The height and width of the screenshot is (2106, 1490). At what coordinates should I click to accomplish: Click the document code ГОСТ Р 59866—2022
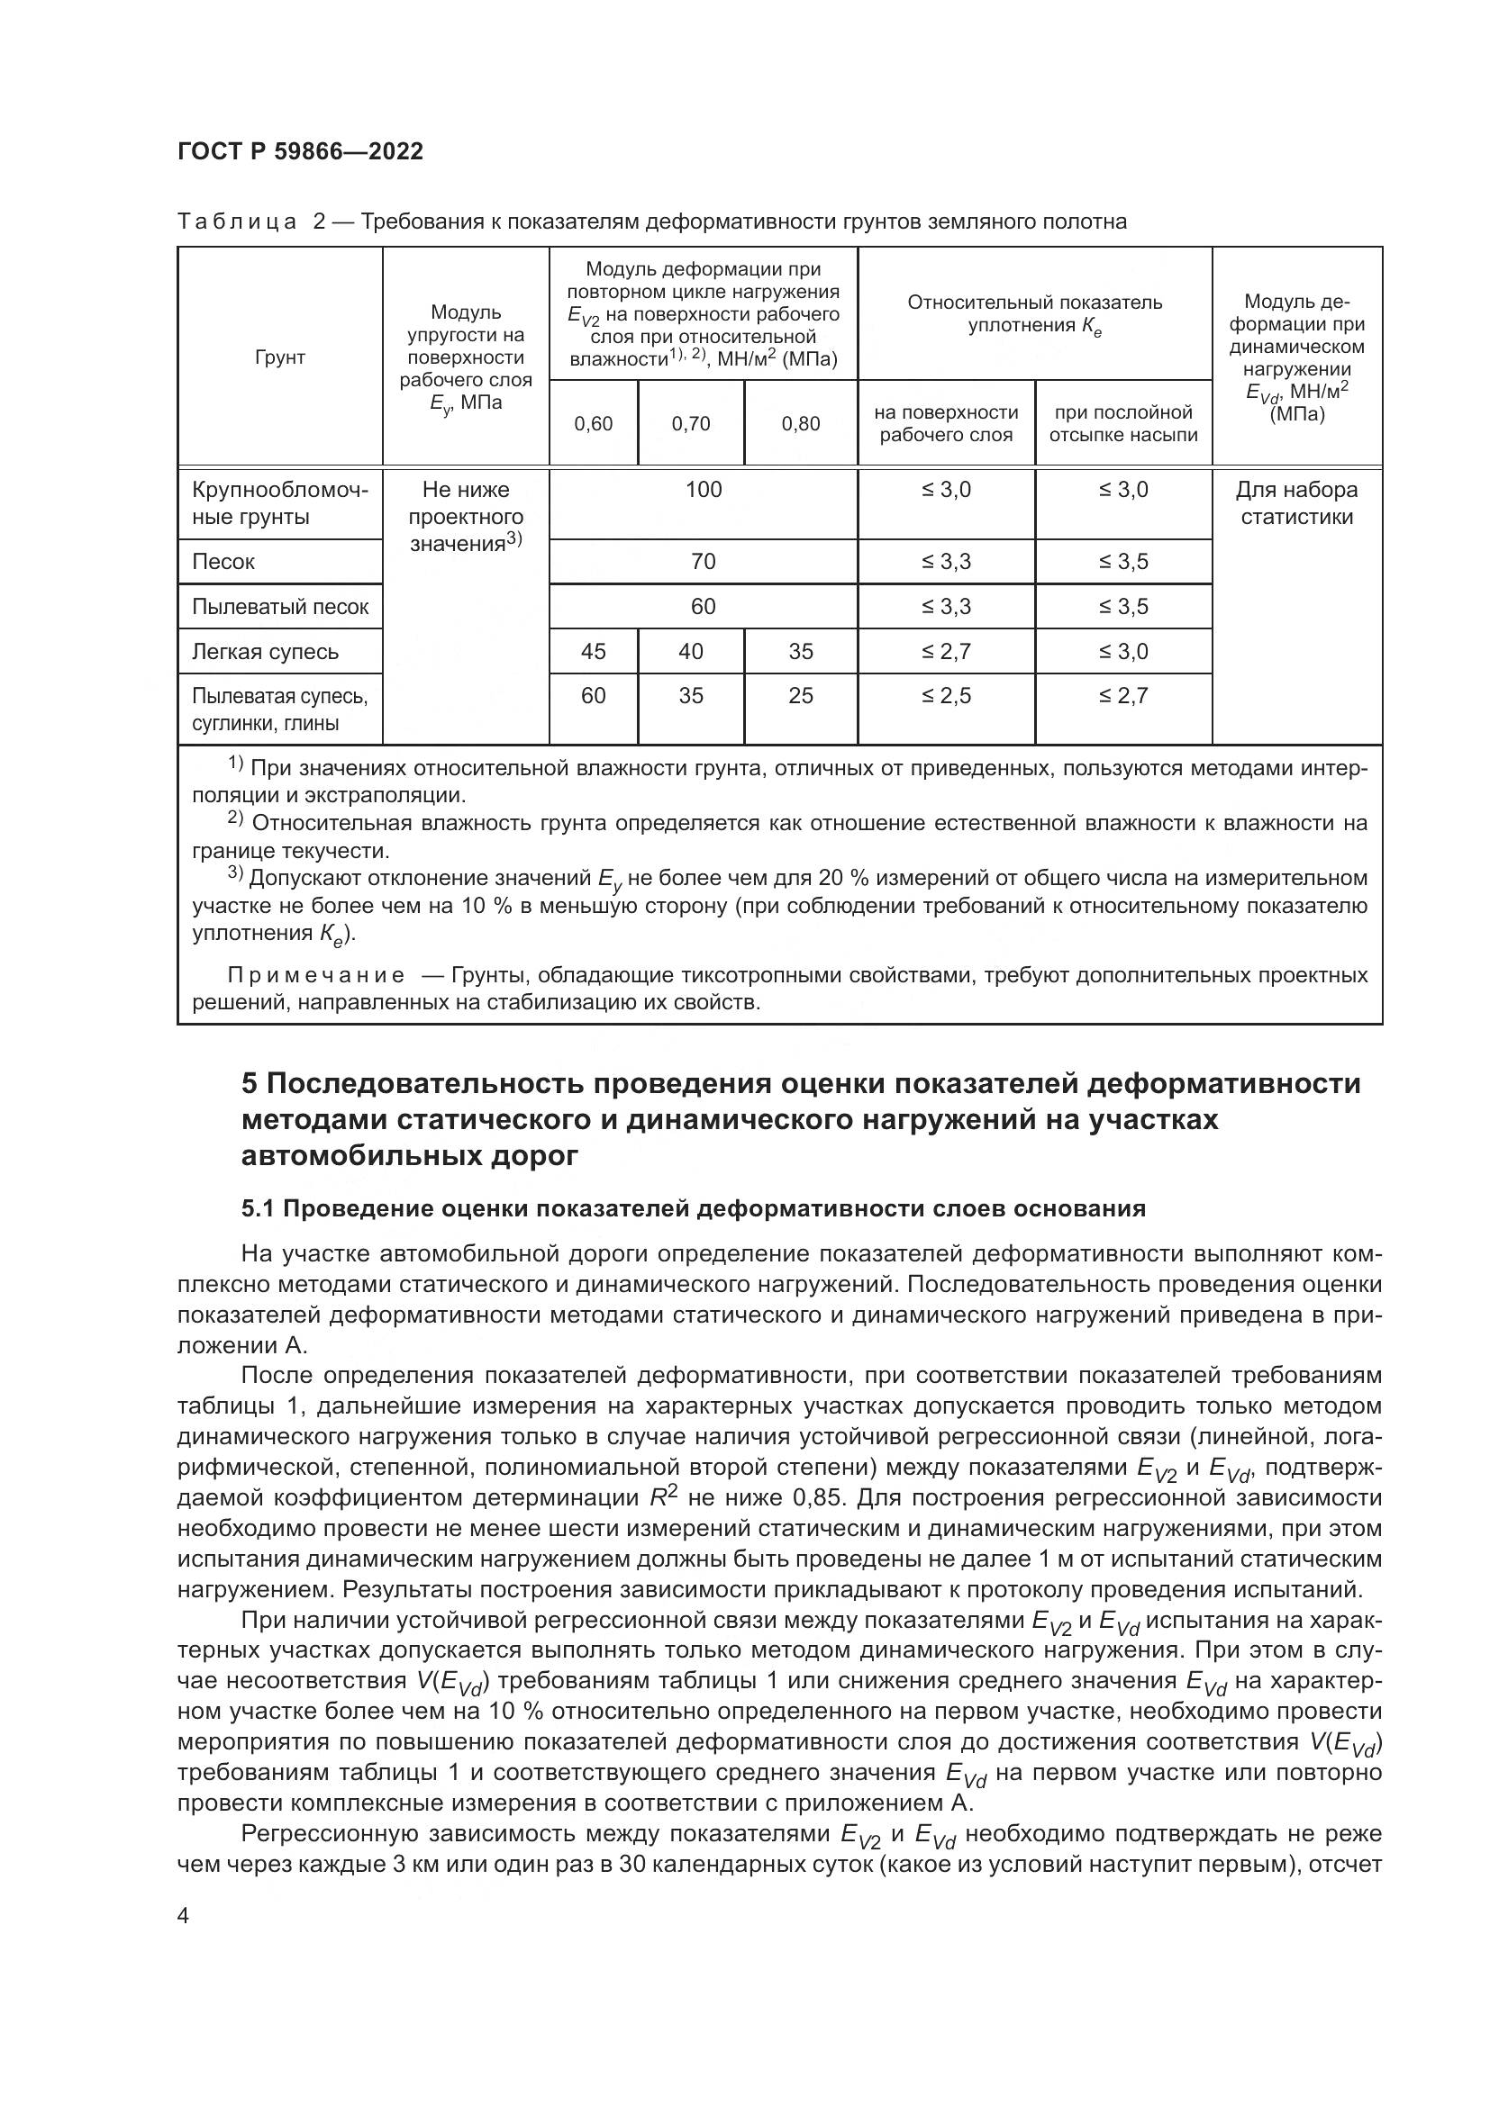tap(300, 151)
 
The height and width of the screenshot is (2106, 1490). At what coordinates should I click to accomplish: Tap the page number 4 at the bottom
tap(184, 1916)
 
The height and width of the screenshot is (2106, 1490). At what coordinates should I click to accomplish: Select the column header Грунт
tap(280, 357)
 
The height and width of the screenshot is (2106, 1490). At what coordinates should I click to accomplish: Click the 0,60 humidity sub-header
tap(594, 424)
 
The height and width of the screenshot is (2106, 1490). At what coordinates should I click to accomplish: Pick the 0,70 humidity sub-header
tap(691, 424)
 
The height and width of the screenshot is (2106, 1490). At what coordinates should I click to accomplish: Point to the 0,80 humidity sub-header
tap(801, 424)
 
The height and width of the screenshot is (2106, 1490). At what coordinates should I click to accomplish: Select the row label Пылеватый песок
tap(280, 606)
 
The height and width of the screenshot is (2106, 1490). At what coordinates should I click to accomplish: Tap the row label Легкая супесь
tap(265, 651)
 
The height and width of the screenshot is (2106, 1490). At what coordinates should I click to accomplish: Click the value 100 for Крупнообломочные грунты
tap(704, 490)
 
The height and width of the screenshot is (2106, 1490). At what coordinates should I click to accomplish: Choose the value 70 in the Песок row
tap(704, 561)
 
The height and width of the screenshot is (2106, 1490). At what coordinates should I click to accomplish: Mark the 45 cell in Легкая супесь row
tap(594, 651)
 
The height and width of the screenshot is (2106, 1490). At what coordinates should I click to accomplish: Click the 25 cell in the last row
tap(801, 696)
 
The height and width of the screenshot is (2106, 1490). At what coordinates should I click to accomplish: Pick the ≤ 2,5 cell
tap(946, 696)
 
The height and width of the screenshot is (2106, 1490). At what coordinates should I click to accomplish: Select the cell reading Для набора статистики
tap(1296, 503)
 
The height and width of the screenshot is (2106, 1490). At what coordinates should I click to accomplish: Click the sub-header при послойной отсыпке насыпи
tap(1124, 424)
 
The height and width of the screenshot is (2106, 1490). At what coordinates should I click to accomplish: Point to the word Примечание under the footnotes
tap(315, 975)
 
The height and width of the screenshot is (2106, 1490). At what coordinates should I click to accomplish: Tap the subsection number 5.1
tap(258, 1209)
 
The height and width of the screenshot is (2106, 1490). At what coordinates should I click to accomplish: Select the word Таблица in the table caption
tap(237, 222)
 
